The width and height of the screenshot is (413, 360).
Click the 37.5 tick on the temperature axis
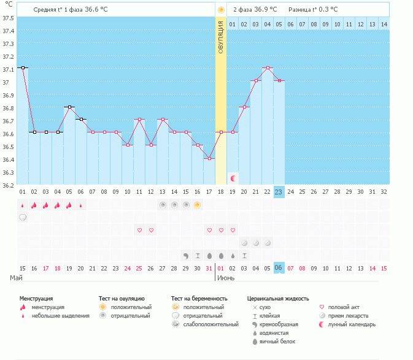tap(8, 17)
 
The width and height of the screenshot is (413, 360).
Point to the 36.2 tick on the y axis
tap(8, 185)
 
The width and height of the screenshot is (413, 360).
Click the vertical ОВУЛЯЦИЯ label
tap(221, 37)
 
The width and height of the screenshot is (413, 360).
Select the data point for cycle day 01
tap(23, 67)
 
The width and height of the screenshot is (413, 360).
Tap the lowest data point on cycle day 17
tap(209, 158)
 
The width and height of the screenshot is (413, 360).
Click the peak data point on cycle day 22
tap(268, 67)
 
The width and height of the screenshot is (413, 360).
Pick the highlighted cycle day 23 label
tap(279, 192)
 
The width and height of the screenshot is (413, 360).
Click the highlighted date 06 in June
tap(279, 268)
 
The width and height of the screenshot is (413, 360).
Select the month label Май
tap(17, 278)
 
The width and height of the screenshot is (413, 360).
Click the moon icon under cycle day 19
tap(233, 178)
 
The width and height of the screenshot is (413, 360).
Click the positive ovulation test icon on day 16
tap(198, 205)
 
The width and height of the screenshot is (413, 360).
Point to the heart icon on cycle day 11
tap(139, 230)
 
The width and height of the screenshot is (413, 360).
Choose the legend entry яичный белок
tap(279, 341)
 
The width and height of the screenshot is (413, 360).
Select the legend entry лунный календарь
tap(352, 324)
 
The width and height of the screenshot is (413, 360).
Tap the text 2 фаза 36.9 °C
tap(255, 10)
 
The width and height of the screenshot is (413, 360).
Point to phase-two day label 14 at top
tap(384, 24)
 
